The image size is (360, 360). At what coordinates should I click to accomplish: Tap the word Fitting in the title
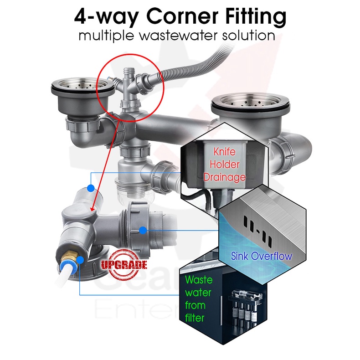[250, 17]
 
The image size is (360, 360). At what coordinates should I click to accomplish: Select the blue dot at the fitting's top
[92, 188]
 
